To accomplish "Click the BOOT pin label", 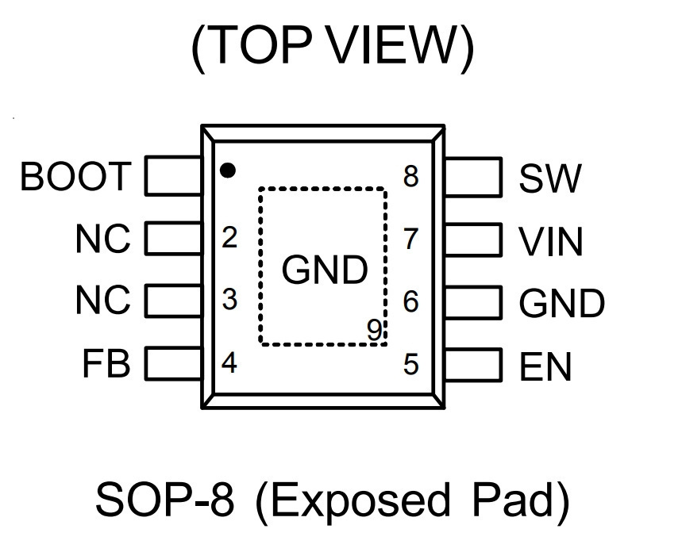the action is click(x=75, y=176).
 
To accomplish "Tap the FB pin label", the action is click(x=106, y=363).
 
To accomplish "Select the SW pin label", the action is click(x=550, y=178).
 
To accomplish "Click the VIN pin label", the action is click(x=551, y=241).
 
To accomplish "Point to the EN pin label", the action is click(x=545, y=366).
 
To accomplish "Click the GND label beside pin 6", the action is click(x=562, y=303).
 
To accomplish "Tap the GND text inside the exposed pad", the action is click(x=325, y=270).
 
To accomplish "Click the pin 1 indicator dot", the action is click(x=228, y=170).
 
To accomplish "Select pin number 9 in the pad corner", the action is click(x=375, y=329).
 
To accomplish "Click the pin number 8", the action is click(x=411, y=176).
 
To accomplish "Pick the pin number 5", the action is click(x=411, y=364).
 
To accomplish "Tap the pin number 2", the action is click(x=229, y=237).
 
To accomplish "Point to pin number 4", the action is click(x=229, y=362).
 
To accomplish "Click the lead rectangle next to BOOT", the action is click(x=173, y=175).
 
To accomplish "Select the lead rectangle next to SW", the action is click(x=473, y=177).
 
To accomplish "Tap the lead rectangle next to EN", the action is click(x=473, y=365).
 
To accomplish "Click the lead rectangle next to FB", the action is click(x=173, y=363).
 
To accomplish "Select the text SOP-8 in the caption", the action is click(x=165, y=500).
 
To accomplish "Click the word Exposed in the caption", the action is click(x=360, y=501).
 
